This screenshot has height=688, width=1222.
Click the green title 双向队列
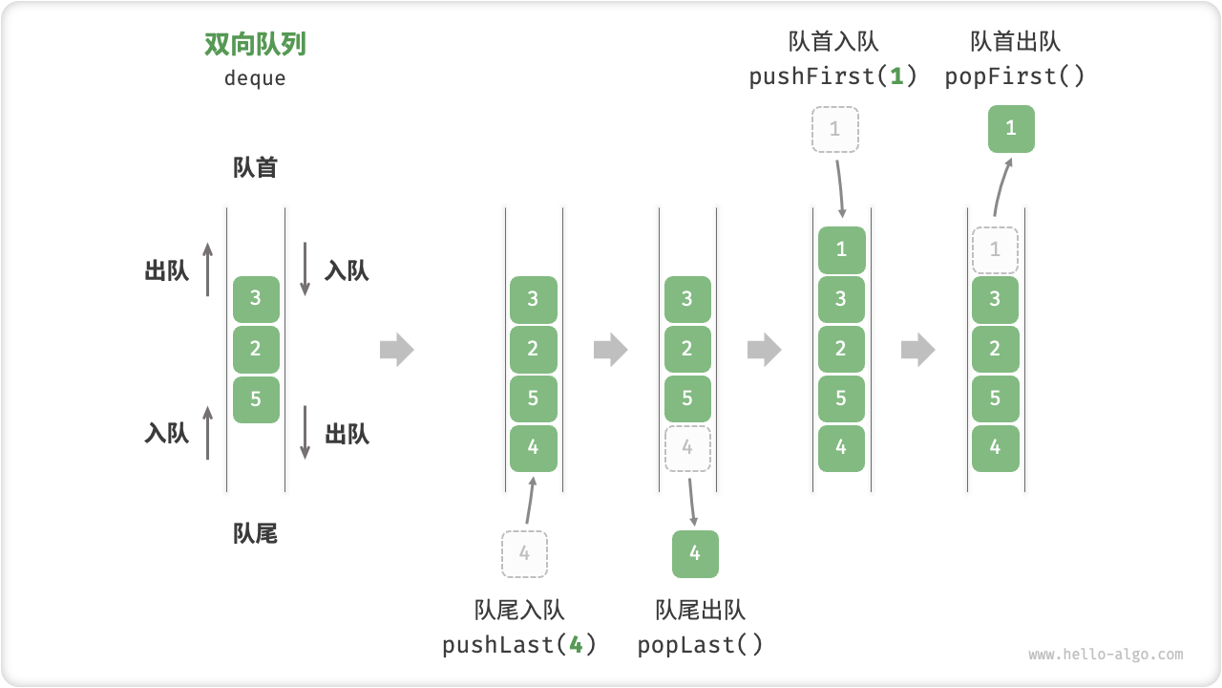pos(255,45)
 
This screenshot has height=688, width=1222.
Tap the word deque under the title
pos(255,78)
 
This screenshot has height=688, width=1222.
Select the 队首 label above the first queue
pos(255,168)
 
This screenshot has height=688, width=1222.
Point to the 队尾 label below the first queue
pos(255,534)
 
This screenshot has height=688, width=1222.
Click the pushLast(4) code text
pos(519,645)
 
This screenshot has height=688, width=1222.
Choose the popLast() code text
pos(701,645)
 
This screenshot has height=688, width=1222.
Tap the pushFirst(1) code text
pos(833,76)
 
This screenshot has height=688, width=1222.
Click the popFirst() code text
pos(1015,76)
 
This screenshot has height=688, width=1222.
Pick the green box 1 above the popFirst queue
pos(1011,129)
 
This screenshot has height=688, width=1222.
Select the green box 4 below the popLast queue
pos(695,554)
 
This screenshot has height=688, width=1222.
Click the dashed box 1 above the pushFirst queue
pos(835,129)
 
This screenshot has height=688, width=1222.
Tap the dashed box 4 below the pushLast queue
pos(524,554)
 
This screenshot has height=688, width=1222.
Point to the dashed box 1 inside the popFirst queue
pos(995,250)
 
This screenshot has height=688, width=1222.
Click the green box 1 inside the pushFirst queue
pos(841,250)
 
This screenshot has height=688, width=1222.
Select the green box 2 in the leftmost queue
pos(256,349)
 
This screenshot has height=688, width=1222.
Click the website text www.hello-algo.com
pos(1106,656)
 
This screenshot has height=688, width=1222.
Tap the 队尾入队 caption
pos(519,611)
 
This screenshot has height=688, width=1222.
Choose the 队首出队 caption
pos(1015,42)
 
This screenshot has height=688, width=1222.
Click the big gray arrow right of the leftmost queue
pos(396,351)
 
